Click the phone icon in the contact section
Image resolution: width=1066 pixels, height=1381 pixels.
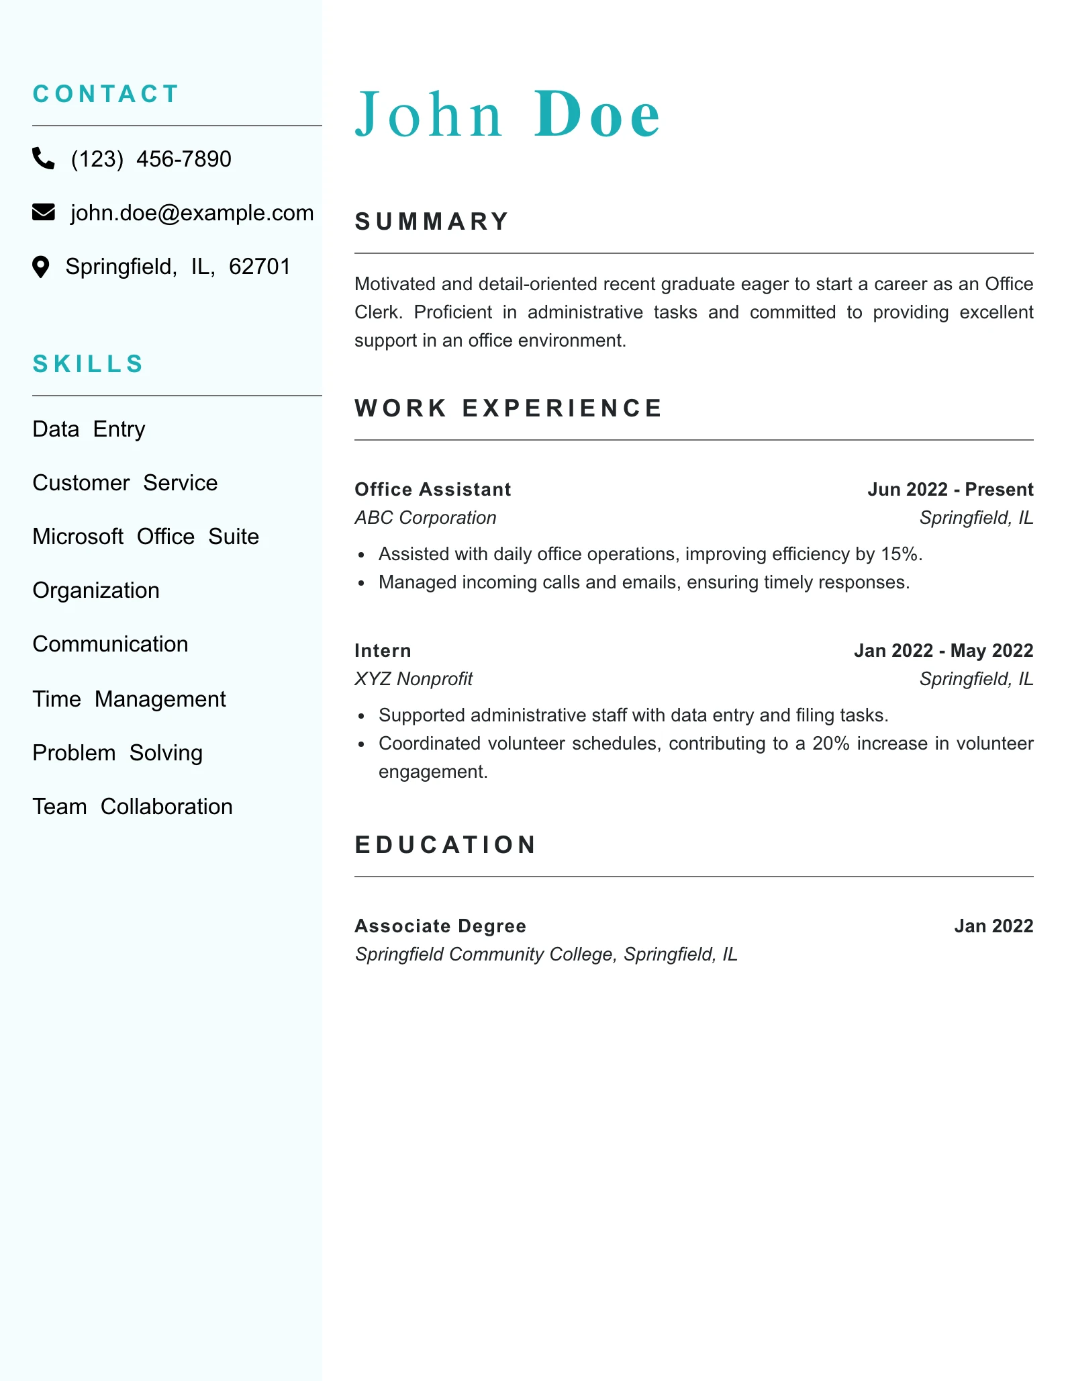[x=44, y=159]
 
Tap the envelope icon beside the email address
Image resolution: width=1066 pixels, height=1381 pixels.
[x=44, y=212]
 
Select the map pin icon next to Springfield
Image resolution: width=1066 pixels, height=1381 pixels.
[x=41, y=267]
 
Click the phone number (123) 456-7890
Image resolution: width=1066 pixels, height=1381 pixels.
[x=151, y=159]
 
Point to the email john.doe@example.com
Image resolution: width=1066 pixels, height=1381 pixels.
[x=192, y=213]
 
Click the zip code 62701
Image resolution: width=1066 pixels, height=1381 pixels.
[x=260, y=267]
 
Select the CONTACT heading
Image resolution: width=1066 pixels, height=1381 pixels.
[x=106, y=94]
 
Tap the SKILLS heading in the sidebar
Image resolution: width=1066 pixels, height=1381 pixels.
[x=88, y=364]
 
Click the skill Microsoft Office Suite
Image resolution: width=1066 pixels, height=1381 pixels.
[x=146, y=537]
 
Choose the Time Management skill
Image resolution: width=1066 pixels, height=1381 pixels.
[x=129, y=699]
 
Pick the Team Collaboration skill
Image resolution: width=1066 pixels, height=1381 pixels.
[x=132, y=807]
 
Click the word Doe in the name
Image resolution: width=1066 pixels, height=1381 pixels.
[x=597, y=115]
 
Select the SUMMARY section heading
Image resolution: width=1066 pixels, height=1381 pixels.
[x=432, y=222]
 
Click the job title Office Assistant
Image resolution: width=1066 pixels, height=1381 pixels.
[x=432, y=490]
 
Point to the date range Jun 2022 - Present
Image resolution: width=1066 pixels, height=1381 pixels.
[x=950, y=490]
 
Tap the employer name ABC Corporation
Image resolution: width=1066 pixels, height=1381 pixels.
[x=425, y=518]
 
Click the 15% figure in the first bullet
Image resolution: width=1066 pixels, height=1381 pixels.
[x=900, y=554]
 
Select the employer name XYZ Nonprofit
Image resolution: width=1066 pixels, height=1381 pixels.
[x=414, y=679]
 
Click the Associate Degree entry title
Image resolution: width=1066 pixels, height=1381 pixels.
[x=440, y=926]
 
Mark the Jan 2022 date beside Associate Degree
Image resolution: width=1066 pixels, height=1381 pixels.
[x=994, y=926]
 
